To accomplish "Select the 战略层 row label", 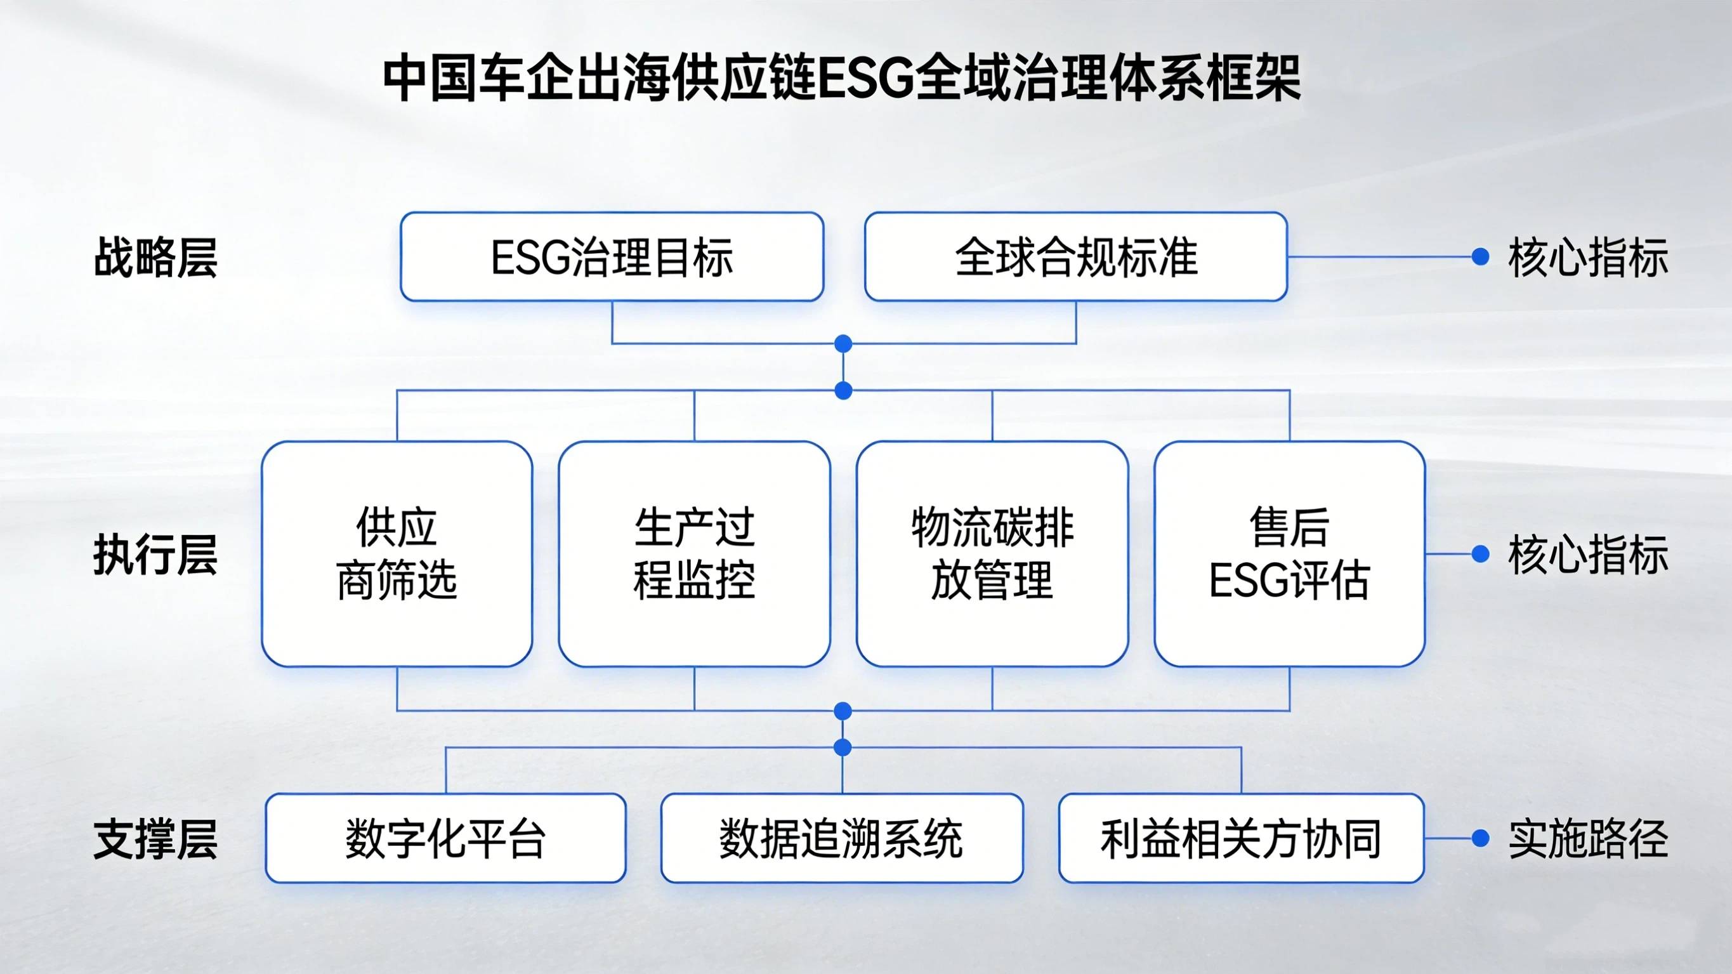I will pyautogui.click(x=155, y=257).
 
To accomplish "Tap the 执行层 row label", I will pyautogui.click(x=155, y=555).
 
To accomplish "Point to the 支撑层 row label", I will pyautogui.click(x=155, y=839).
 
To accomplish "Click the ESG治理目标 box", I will pyautogui.click(x=612, y=257).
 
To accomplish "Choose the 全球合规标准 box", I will pyautogui.click(x=1076, y=257).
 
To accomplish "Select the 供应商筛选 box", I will pyautogui.click(x=397, y=553).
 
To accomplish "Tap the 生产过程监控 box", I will pyautogui.click(x=694, y=553).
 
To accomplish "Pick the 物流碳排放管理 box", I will pyautogui.click(x=992, y=553).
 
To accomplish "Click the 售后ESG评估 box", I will pyautogui.click(x=1289, y=553).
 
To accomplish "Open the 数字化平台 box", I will pyautogui.click(x=445, y=838).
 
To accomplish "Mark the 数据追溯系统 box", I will pyautogui.click(x=842, y=838).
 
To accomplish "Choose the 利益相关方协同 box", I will pyautogui.click(x=1240, y=838).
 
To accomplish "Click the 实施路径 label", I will pyautogui.click(x=1588, y=839).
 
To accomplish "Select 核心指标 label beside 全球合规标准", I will pyautogui.click(x=1588, y=257).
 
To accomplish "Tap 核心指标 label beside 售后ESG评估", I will pyautogui.click(x=1588, y=555).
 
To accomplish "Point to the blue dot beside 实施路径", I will pyautogui.click(x=1480, y=838).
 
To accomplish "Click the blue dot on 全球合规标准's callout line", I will pyautogui.click(x=1480, y=256).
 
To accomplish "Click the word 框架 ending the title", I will pyautogui.click(x=1250, y=80).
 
